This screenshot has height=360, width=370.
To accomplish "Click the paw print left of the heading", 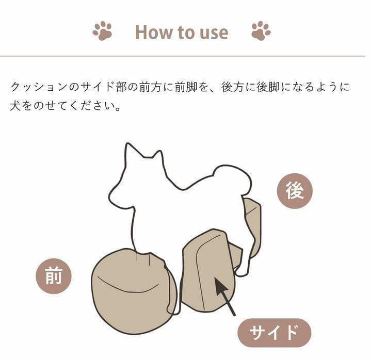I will pos(102,31).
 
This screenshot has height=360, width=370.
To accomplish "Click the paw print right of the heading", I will pos(261,31).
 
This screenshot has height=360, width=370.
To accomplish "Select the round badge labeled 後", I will pos(295,191).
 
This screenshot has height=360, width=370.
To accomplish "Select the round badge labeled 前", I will pos(53,276).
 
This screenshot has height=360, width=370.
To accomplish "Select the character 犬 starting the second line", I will pos(16,107).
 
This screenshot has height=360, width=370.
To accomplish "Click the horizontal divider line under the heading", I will pos(185,56).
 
